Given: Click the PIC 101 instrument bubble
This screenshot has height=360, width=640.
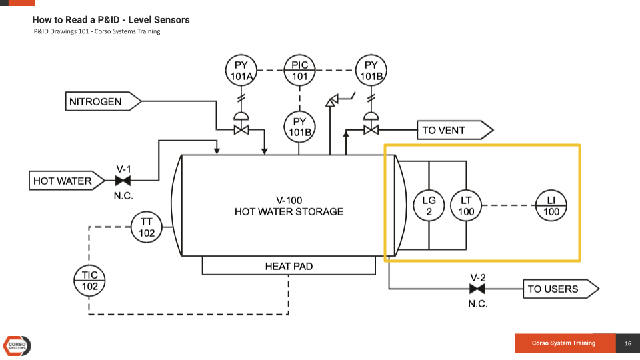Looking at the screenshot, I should point(300,71).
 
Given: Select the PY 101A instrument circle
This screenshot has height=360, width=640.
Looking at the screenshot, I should point(241,71).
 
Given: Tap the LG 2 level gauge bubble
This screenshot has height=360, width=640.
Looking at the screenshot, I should point(429,206).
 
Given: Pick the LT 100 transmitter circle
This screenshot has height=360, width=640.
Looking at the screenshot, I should point(466,206).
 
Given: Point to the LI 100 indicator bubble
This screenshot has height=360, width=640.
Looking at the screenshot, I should point(551,206).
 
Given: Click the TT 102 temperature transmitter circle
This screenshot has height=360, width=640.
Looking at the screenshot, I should point(147,227).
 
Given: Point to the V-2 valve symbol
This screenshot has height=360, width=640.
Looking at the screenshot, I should point(477,289).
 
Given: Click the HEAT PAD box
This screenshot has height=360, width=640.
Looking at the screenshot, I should point(289,266).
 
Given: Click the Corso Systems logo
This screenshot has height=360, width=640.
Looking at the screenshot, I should point(17,345).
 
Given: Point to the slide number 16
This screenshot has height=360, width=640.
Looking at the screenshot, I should point(627,343).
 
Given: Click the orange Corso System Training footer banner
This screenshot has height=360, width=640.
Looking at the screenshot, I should point(564,343).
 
